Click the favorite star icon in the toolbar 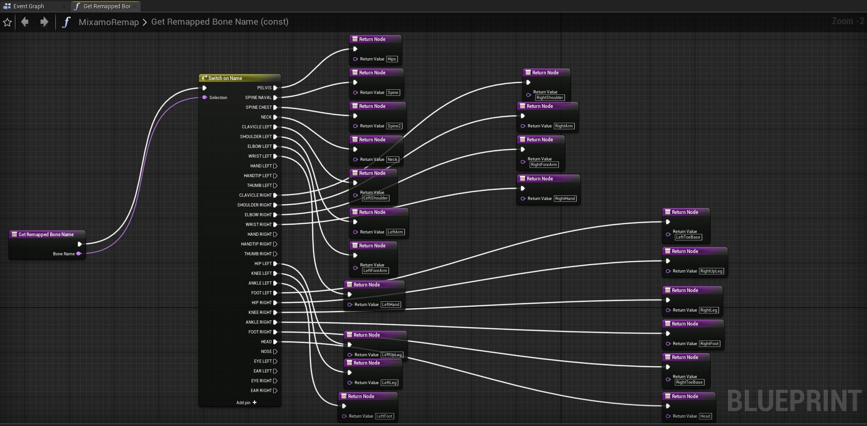[x=7, y=22]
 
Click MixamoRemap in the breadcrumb [x=108, y=22]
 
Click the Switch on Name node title [x=225, y=78]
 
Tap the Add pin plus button [x=255, y=402]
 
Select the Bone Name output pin [x=79, y=253]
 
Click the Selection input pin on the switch [x=204, y=97]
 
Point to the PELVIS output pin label [x=264, y=88]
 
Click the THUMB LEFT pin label [x=259, y=186]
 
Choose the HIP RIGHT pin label [x=262, y=303]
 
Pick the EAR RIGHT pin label [x=261, y=391]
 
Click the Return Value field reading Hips [x=392, y=59]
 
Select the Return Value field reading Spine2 [x=394, y=126]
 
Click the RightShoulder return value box [x=550, y=98]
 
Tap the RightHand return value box [x=565, y=199]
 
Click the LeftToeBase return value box [x=688, y=237]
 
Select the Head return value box [x=705, y=416]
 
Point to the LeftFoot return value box [x=384, y=416]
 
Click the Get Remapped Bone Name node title [x=46, y=234]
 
